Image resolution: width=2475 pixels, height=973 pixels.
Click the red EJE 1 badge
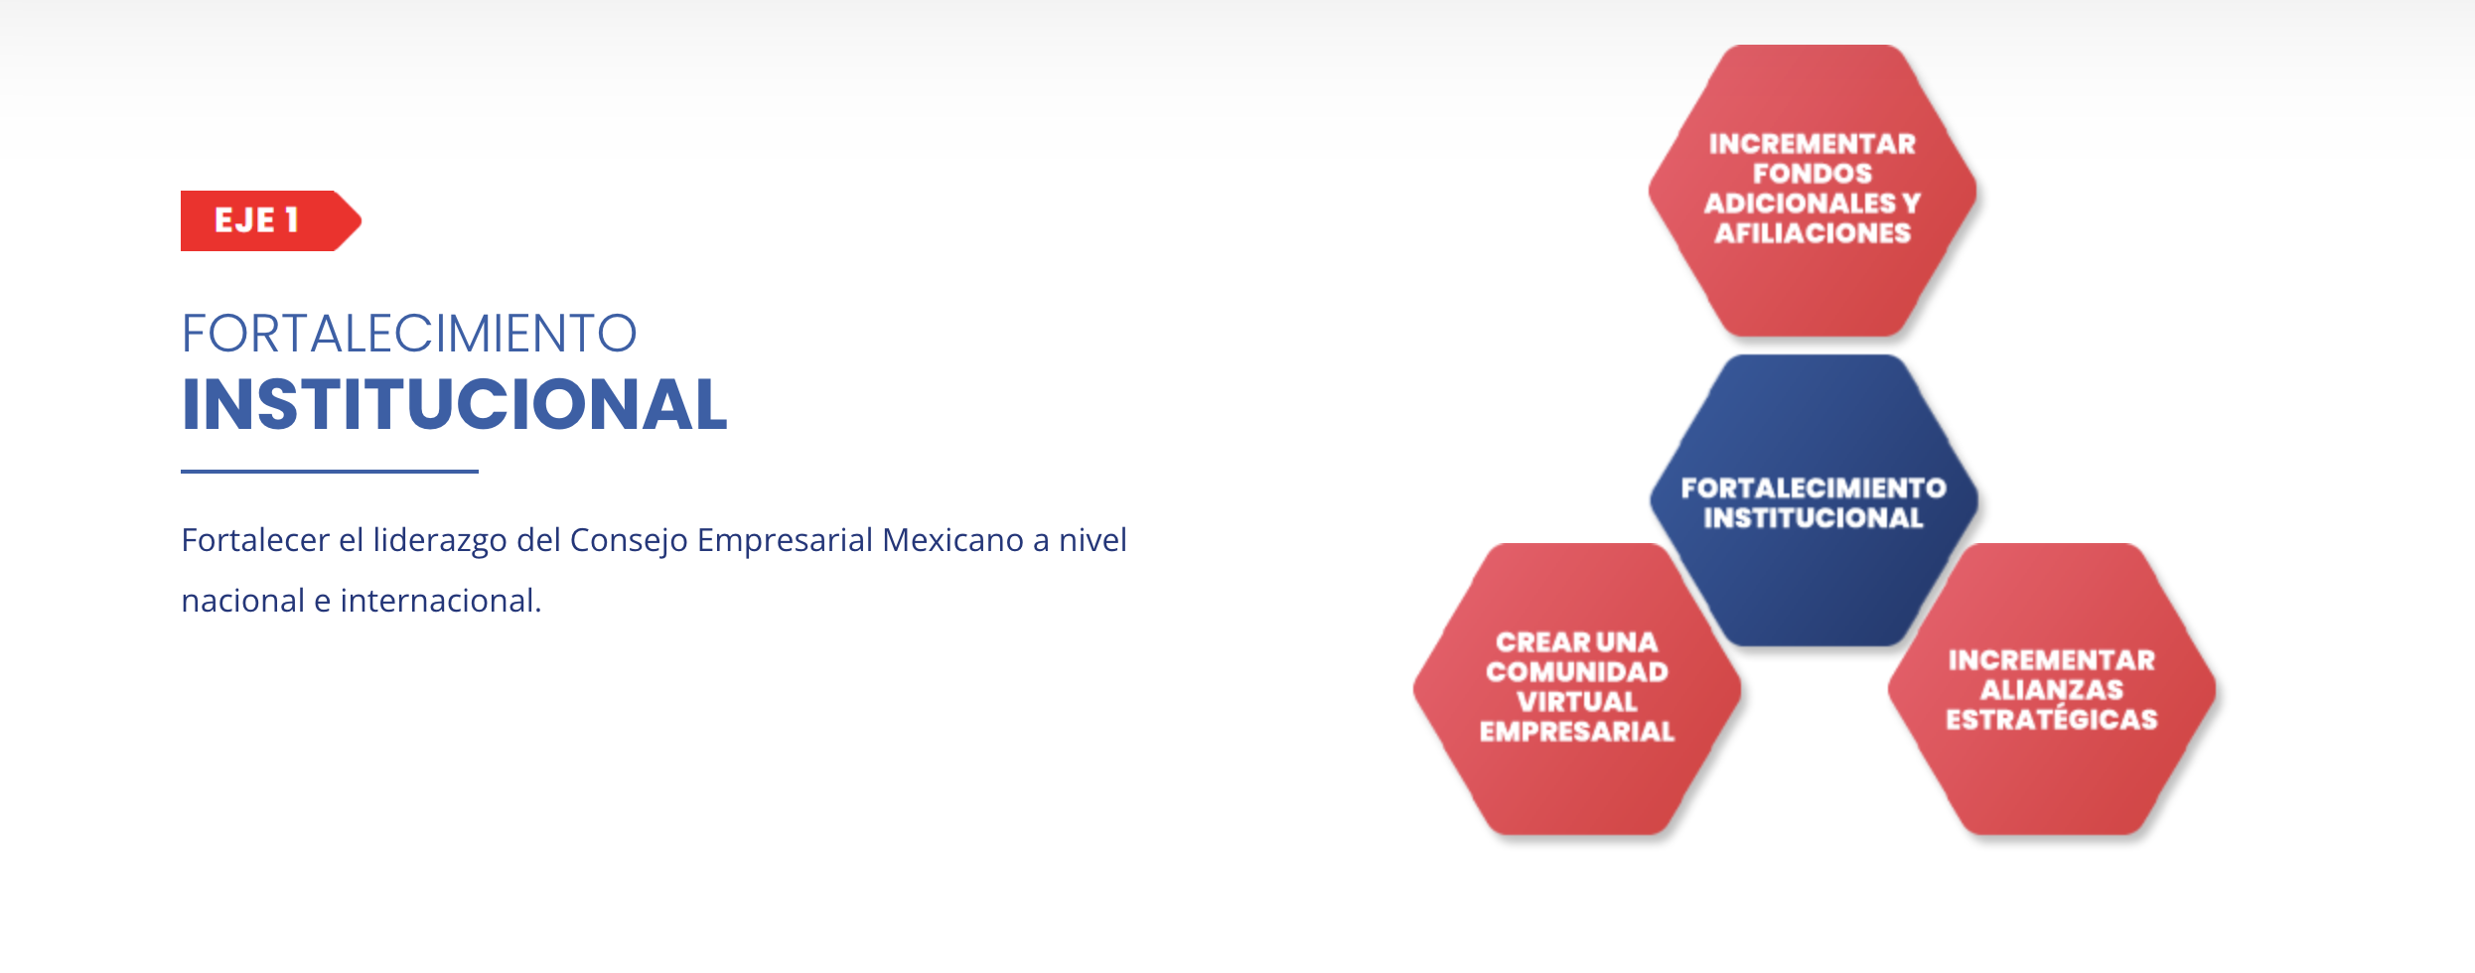coord(270,220)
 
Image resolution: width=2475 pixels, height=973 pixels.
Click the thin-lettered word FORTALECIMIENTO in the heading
coord(409,334)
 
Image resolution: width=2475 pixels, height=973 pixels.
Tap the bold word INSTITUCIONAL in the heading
coord(455,405)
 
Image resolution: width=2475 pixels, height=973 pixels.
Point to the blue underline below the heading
coord(330,472)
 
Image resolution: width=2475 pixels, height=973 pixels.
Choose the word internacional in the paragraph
coord(441,601)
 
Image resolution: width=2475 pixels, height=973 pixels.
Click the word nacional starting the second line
coord(243,601)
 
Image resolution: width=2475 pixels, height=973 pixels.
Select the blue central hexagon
coord(1814,500)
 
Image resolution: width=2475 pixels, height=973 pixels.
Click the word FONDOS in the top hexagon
coord(1813,174)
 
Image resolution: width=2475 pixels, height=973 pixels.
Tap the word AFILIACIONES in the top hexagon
coord(1813,233)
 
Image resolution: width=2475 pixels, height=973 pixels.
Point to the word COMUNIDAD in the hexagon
coord(1577,672)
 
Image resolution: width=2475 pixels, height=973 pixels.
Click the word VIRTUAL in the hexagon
coord(1577,702)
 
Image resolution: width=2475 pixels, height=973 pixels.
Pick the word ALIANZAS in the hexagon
coord(2052,690)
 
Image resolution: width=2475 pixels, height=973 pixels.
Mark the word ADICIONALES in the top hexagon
coord(1801,204)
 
